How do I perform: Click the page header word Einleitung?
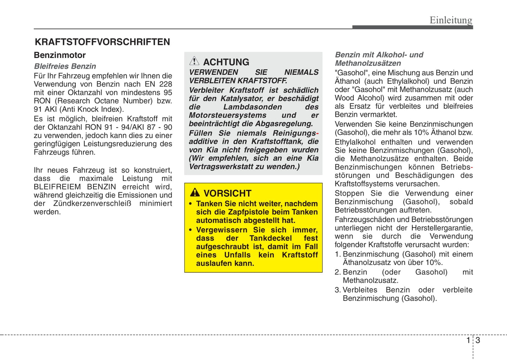point(451,20)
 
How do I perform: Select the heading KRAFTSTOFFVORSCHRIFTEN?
point(102,42)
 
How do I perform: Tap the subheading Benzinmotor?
point(60,55)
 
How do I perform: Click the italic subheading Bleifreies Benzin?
point(65,66)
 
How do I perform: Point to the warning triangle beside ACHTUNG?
point(194,61)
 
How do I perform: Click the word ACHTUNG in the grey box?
point(226,62)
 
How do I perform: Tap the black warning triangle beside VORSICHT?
point(195,192)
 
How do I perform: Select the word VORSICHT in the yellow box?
point(227,193)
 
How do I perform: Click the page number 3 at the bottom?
point(478,340)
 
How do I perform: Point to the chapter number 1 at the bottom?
point(468,340)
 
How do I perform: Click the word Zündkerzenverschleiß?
point(92,204)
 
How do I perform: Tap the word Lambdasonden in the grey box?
point(252,107)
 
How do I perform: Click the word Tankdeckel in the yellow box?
point(271,238)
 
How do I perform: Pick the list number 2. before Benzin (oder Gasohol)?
point(338,272)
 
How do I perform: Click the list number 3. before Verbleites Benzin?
point(338,290)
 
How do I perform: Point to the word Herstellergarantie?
point(441,228)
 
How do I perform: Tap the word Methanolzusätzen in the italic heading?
point(368,63)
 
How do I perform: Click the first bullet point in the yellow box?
point(191,204)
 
